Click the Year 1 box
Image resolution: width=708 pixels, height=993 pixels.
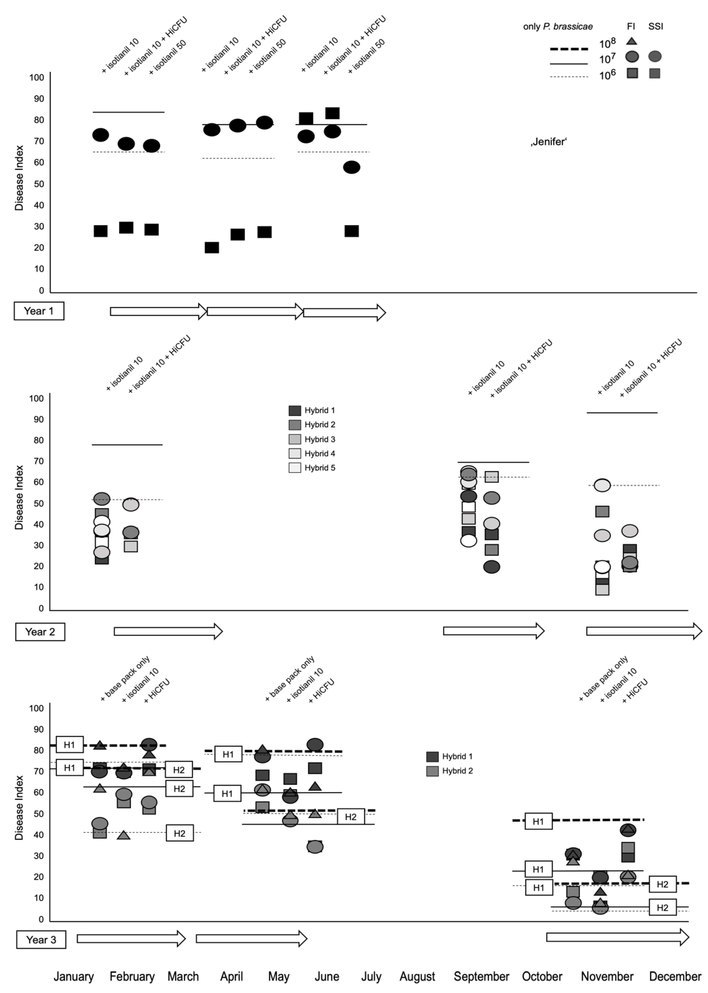coord(39,311)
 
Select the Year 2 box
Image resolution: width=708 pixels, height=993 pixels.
coord(40,632)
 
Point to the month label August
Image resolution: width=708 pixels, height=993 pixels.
coord(417,976)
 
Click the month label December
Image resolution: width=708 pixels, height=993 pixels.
coord(675,976)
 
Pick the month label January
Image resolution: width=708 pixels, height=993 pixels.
coord(74,976)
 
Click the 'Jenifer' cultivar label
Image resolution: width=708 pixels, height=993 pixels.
coord(548,142)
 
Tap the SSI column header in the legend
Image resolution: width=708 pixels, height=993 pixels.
coord(655,26)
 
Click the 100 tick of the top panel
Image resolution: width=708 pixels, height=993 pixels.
coord(37,78)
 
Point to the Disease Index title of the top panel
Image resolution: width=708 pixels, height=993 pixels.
coord(19,178)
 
